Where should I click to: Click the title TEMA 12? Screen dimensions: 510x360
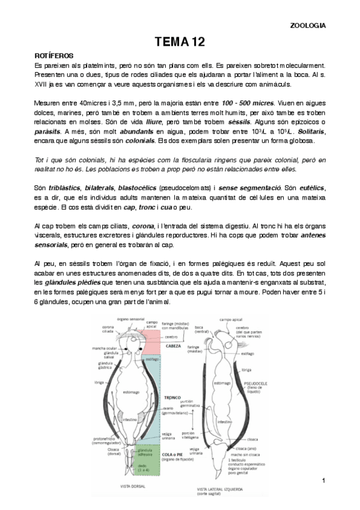click(x=180, y=41)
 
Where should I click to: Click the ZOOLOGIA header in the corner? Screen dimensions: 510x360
click(x=308, y=26)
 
